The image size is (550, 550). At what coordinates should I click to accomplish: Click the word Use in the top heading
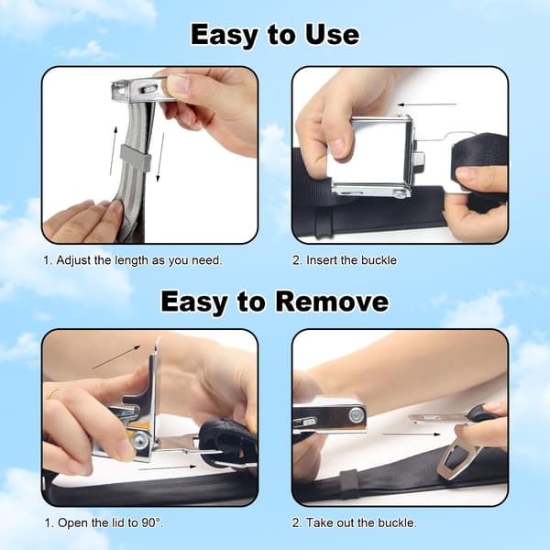click(x=332, y=35)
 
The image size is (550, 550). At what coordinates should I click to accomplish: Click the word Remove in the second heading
click(x=332, y=302)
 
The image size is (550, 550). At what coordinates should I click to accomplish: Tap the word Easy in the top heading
click(x=224, y=36)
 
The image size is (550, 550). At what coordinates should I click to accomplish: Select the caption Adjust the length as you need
click(x=133, y=260)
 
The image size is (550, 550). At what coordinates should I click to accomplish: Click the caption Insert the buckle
click(x=345, y=260)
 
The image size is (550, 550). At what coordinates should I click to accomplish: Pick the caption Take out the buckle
click(x=355, y=523)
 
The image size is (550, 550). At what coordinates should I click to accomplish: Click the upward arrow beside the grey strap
click(x=113, y=151)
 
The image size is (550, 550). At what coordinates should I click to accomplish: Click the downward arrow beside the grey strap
click(x=160, y=157)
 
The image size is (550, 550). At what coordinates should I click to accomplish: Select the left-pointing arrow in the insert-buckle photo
click(x=427, y=104)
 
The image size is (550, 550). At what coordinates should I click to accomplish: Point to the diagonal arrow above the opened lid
click(x=116, y=357)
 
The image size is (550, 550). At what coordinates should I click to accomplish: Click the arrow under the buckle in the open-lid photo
click(x=167, y=467)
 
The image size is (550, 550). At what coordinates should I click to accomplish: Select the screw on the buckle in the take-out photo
click(x=355, y=415)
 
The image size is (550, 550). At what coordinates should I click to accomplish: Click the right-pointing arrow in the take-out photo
click(x=411, y=434)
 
